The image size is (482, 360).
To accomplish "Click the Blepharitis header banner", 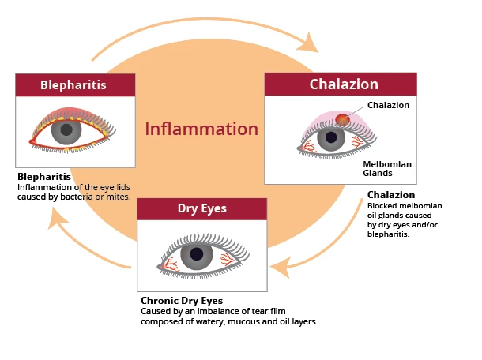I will pyautogui.click(x=73, y=85).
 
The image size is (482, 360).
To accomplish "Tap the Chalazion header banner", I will pyautogui.click(x=341, y=84).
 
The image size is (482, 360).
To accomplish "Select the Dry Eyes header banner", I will pyautogui.click(x=202, y=208).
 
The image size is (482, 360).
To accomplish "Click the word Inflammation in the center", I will pyautogui.click(x=201, y=129).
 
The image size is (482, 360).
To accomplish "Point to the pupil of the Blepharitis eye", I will pyautogui.click(x=67, y=129).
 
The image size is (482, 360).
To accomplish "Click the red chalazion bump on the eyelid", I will pyautogui.click(x=342, y=119).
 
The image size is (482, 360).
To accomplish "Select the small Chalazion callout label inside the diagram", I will pyautogui.click(x=388, y=105).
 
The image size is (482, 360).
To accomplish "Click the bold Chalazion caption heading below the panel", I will pyautogui.click(x=390, y=195).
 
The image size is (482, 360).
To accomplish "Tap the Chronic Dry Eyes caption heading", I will pyautogui.click(x=182, y=301).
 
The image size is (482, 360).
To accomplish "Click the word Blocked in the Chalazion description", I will pyautogui.click(x=383, y=206).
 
